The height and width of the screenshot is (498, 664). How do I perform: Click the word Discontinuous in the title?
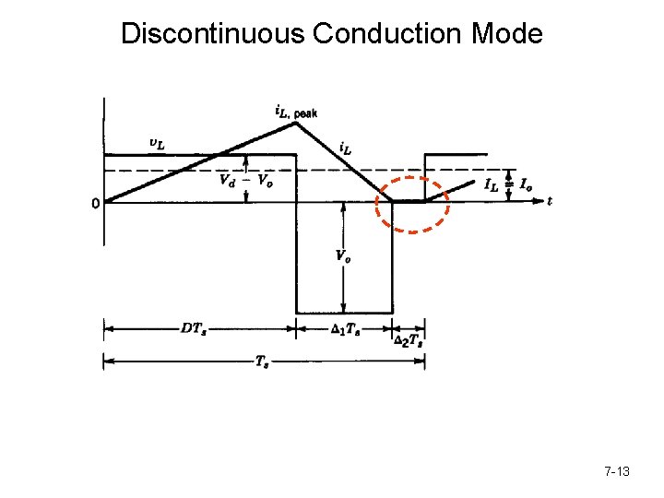[x=213, y=34]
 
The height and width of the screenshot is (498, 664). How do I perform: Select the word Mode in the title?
[x=506, y=34]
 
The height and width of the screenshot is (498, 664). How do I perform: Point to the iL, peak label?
[x=296, y=112]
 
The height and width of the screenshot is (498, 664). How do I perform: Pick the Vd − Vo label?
[x=245, y=180]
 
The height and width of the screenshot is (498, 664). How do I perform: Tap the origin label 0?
[x=96, y=204]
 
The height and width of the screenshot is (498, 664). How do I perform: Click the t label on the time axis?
[x=550, y=200]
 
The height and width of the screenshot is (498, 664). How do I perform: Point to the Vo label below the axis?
[x=341, y=257]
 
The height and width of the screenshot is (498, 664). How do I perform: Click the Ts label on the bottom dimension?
[x=263, y=362]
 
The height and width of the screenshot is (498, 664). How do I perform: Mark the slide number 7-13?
[x=617, y=471]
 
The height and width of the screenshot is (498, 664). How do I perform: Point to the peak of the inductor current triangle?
[x=295, y=124]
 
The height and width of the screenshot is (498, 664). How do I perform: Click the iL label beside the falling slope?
[x=345, y=148]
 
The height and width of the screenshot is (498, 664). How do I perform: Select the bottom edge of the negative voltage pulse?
[x=344, y=313]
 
